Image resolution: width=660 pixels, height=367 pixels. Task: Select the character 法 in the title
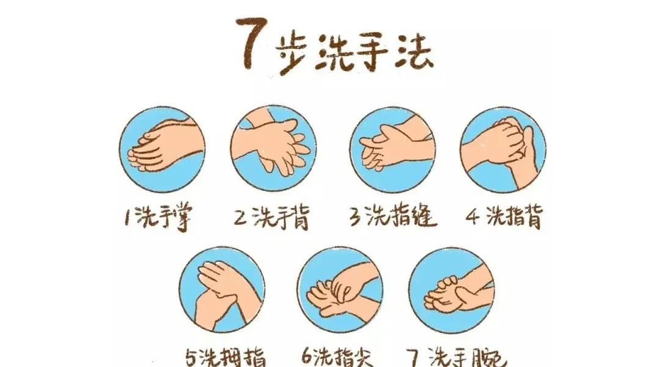[x=414, y=53]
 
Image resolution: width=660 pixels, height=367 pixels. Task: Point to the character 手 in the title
[x=373, y=52]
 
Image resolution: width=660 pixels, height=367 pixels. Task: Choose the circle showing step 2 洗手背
[x=274, y=149]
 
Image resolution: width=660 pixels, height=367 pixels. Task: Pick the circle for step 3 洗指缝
[x=393, y=150]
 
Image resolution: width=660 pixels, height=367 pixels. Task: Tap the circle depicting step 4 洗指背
[x=504, y=150]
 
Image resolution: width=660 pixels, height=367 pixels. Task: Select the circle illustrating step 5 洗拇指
[x=222, y=290]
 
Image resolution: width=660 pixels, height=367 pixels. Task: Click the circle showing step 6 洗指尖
[x=340, y=290]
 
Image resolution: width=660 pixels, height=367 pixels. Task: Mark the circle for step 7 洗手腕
[x=452, y=291]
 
